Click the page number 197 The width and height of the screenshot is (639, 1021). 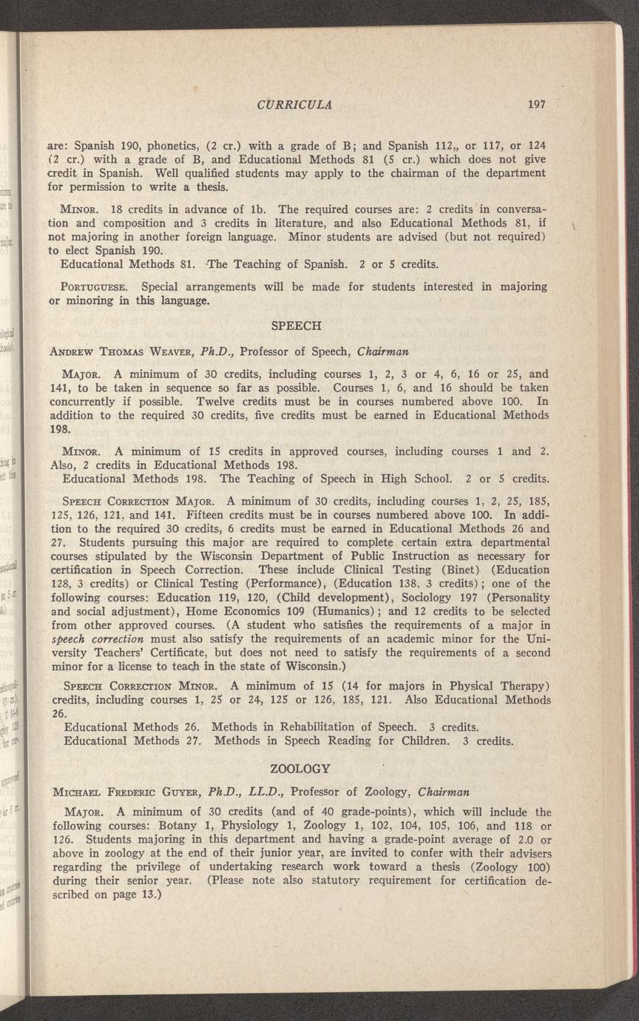coord(536,104)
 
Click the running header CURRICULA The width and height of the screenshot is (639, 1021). coord(294,104)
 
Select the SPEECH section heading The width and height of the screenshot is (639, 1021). coord(294,326)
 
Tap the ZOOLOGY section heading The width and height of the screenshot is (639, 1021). coord(300,767)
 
